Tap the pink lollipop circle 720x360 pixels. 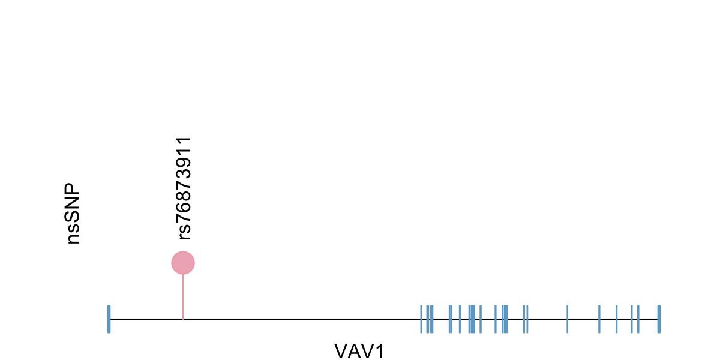183,263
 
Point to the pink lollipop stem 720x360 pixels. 183,297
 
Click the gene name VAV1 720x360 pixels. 359,351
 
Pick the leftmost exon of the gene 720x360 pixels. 109,319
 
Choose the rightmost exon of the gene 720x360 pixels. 659,319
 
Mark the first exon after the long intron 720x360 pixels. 421,319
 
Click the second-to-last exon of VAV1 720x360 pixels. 638,319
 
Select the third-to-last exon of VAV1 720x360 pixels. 631,319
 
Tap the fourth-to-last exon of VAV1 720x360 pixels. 616,319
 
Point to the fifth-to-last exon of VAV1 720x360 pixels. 599,319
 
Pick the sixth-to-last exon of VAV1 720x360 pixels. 567,319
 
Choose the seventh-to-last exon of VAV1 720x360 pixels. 527,319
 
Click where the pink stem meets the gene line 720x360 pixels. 183,319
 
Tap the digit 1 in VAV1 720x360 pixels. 378,351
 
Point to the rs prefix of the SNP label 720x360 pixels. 184,231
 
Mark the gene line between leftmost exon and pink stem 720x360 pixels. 146,319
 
